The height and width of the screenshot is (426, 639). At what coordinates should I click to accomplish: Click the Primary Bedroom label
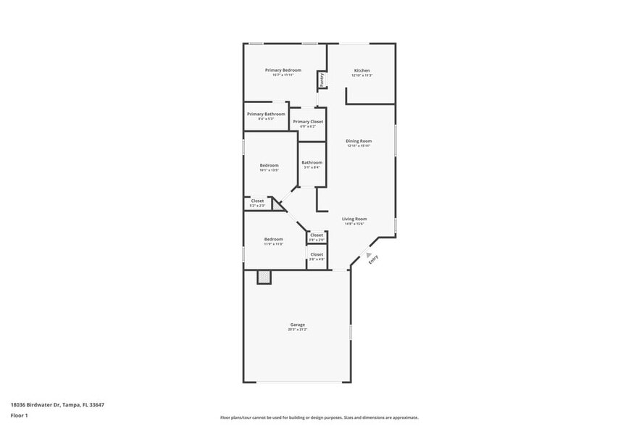[x=283, y=70]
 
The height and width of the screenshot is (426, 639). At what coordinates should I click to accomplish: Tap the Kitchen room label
[x=362, y=70]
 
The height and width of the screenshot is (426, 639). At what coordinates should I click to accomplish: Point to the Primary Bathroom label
[x=266, y=114]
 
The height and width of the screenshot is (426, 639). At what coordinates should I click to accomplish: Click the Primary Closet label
[x=308, y=122]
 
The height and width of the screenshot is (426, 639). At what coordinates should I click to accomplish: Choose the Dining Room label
[x=359, y=141]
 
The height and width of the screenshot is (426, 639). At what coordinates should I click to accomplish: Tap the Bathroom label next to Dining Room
[x=312, y=162]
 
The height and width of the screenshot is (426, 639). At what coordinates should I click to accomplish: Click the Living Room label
[x=354, y=219]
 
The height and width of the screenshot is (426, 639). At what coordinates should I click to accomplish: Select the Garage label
[x=298, y=325]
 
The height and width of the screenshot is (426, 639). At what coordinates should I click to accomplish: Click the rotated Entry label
[x=373, y=259]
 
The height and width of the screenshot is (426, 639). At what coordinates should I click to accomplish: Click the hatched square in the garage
[x=264, y=276]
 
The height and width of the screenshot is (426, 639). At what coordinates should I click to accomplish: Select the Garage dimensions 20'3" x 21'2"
[x=298, y=330]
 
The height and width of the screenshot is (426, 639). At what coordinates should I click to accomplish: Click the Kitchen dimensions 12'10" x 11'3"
[x=362, y=75]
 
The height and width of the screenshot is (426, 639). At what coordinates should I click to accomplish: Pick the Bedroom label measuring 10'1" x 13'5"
[x=270, y=165]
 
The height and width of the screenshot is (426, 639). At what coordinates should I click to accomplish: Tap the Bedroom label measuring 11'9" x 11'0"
[x=273, y=239]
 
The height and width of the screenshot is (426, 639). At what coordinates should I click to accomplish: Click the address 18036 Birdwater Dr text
[x=57, y=405]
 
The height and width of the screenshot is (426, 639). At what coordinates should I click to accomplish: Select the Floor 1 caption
[x=20, y=415]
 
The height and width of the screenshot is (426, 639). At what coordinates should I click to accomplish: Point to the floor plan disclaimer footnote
[x=319, y=417]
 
